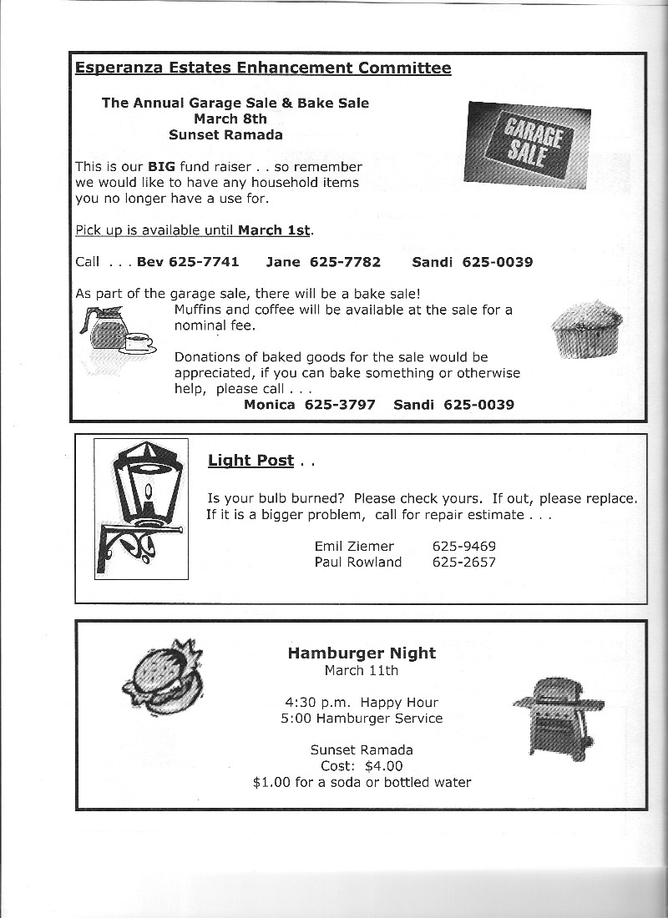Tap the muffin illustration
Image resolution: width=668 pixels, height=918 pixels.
(x=587, y=327)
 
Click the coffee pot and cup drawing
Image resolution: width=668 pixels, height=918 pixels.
(x=115, y=331)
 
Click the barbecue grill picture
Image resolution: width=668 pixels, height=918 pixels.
(x=554, y=714)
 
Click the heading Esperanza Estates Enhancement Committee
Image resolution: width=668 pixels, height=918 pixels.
(x=263, y=68)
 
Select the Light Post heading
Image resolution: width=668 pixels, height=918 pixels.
(x=250, y=460)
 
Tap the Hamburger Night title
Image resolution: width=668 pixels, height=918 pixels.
(x=362, y=653)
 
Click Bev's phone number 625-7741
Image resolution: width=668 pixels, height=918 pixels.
(x=204, y=262)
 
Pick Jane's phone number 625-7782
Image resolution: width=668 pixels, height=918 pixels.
(x=345, y=262)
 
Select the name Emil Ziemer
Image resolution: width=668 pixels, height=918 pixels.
(x=354, y=546)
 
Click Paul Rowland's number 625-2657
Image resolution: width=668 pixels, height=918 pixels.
(x=463, y=562)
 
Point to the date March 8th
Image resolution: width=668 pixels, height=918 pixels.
(x=230, y=119)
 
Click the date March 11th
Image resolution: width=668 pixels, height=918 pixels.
(x=362, y=670)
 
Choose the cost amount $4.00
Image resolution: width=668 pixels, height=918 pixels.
(x=383, y=765)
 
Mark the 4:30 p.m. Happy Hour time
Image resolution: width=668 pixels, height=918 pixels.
(x=362, y=702)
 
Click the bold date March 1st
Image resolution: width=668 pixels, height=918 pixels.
(x=274, y=229)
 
